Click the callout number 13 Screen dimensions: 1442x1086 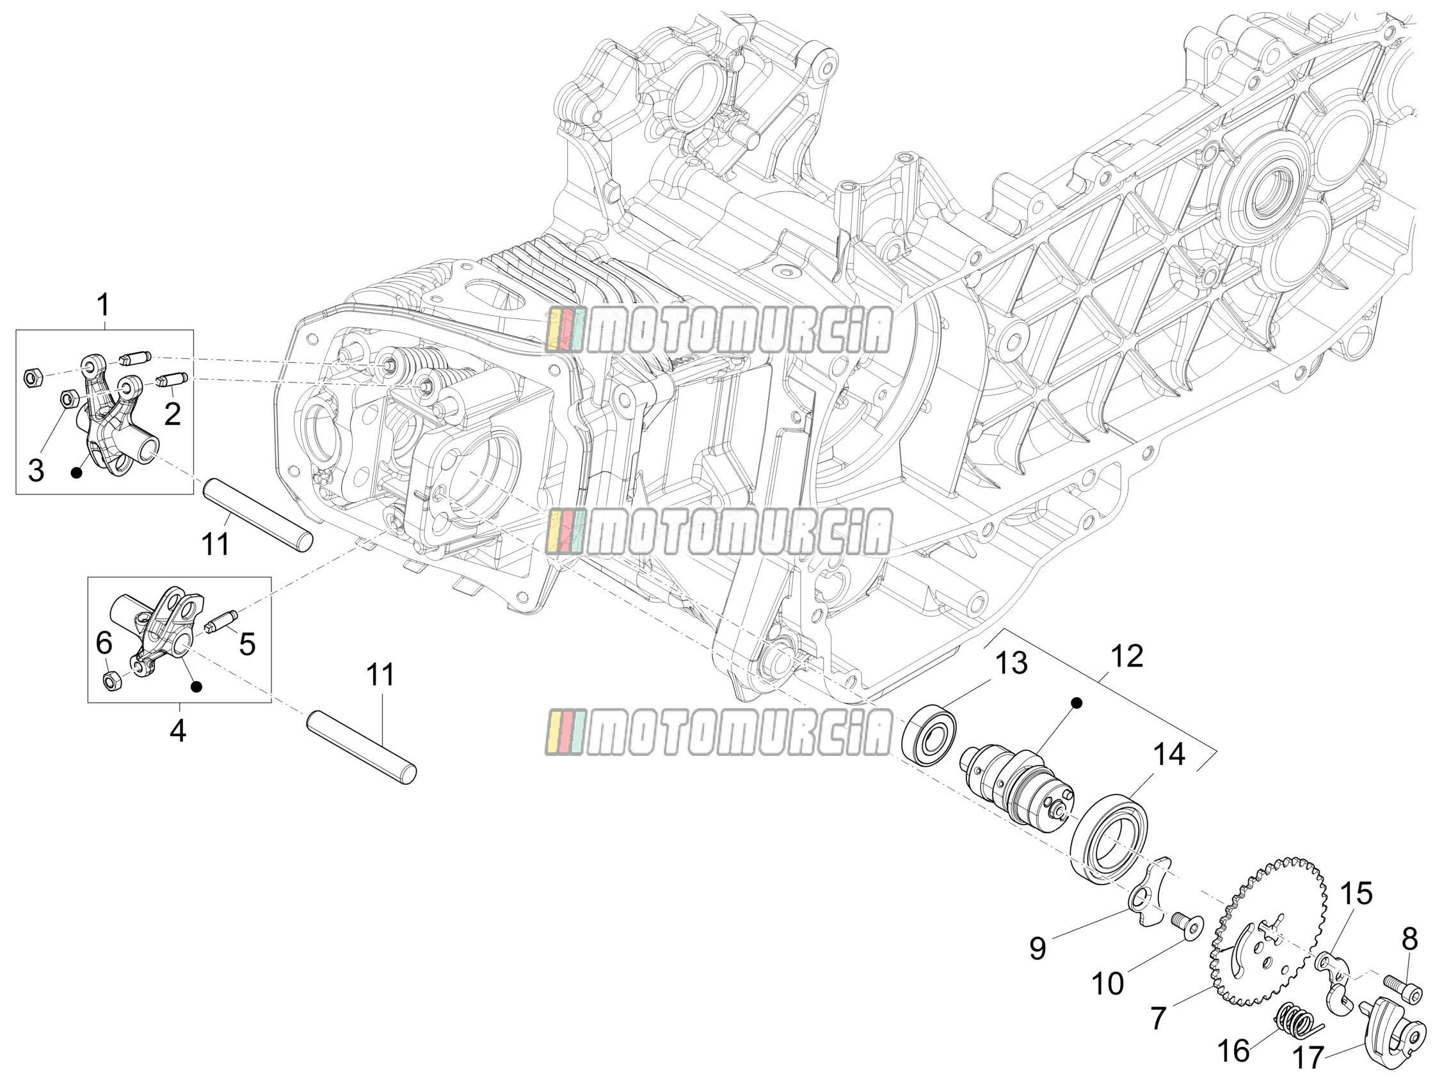pos(1011,663)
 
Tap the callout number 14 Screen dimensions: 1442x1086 pos(1169,755)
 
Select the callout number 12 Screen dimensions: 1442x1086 pos(1126,656)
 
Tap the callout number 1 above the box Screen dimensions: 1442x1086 pos(103,305)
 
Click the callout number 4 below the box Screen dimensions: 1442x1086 pos(177,731)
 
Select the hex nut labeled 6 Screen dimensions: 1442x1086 pos(112,681)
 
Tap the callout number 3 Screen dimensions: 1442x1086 pos(36,470)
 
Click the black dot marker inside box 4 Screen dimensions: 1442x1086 pos(196,687)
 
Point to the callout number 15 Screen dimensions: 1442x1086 pos(1356,895)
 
